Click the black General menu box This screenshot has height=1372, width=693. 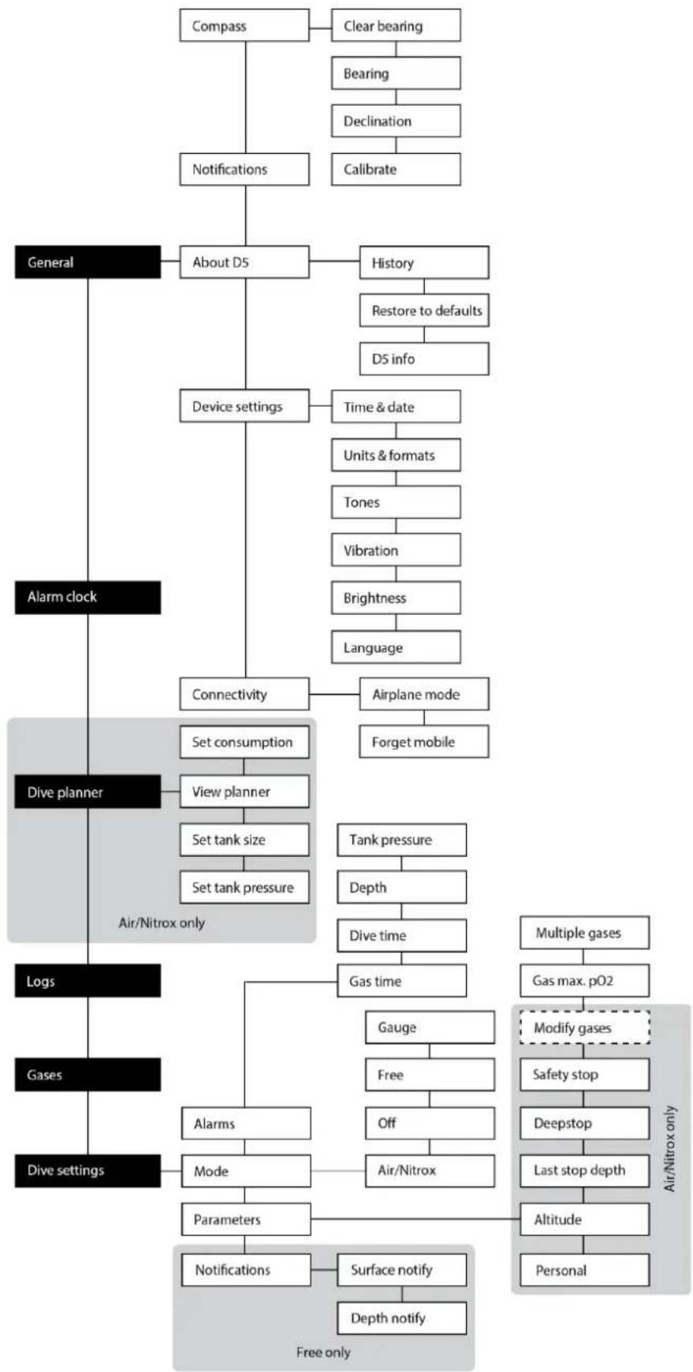[x=88, y=263]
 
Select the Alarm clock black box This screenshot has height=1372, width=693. [x=88, y=597]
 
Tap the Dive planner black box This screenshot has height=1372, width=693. [x=88, y=792]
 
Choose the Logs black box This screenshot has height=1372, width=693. [x=88, y=981]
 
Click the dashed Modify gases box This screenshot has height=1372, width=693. [x=584, y=1027]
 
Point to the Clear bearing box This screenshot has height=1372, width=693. [x=396, y=26]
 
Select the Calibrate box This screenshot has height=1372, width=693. [x=396, y=169]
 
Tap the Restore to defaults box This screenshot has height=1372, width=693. [x=424, y=311]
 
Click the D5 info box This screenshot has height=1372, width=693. [x=424, y=359]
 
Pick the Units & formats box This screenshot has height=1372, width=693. [x=396, y=455]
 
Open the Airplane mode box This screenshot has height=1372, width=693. [x=424, y=695]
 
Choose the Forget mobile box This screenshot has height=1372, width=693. [x=424, y=742]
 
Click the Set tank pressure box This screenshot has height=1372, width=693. [x=244, y=887]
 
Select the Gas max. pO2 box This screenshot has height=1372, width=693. [x=584, y=981]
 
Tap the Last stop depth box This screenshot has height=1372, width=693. [x=584, y=1170]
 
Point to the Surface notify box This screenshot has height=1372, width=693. [x=402, y=1269]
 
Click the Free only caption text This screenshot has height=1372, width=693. [x=323, y=1352]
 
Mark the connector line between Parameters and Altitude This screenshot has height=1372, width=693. [x=415, y=1219]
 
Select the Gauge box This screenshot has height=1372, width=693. [x=430, y=1027]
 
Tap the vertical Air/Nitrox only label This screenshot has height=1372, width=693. [x=670, y=1148]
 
